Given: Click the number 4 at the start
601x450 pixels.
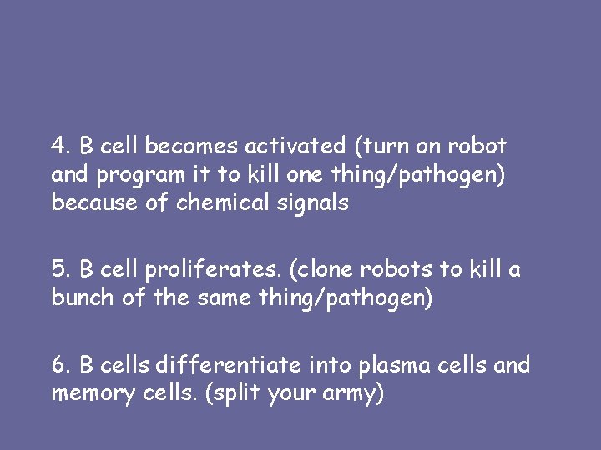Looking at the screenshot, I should tap(58, 147).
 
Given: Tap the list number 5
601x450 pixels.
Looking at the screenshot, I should tap(58, 270).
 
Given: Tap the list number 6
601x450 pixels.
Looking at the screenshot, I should tap(58, 365).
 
